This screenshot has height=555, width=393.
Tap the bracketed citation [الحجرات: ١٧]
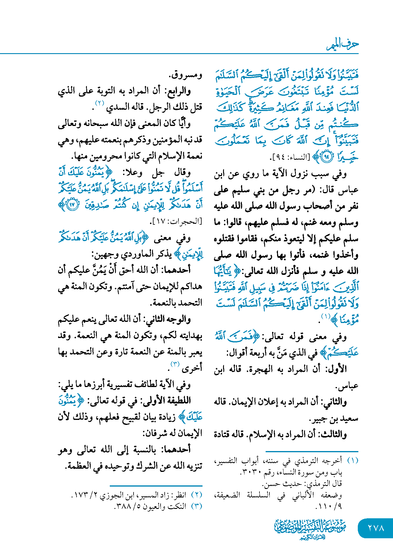coord(176,221)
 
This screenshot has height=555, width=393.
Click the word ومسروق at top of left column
coord(186,75)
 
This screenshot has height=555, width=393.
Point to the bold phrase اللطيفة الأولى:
coord(166,401)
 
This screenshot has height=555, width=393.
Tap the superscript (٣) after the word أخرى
coord(175,364)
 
